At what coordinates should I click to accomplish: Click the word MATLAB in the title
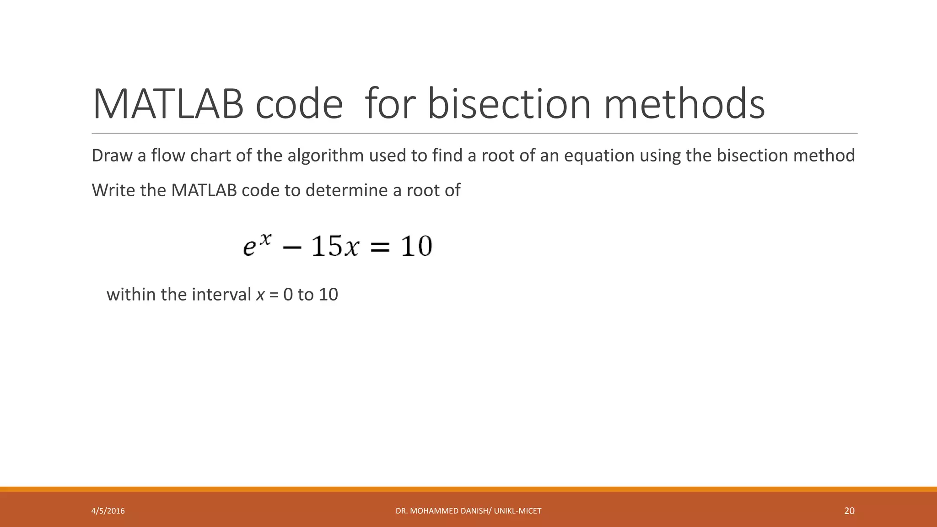coord(167,104)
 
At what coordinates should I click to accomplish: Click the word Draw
coord(112,156)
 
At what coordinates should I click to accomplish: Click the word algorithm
coord(325,156)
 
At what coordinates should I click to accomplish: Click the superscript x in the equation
coord(266,238)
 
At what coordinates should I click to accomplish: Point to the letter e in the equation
coord(249,248)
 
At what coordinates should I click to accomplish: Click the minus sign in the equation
coord(292,247)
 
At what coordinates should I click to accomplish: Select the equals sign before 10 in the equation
coord(379,247)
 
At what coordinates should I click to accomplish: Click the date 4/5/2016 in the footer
coord(108,511)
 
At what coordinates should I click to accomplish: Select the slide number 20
coord(849,511)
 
